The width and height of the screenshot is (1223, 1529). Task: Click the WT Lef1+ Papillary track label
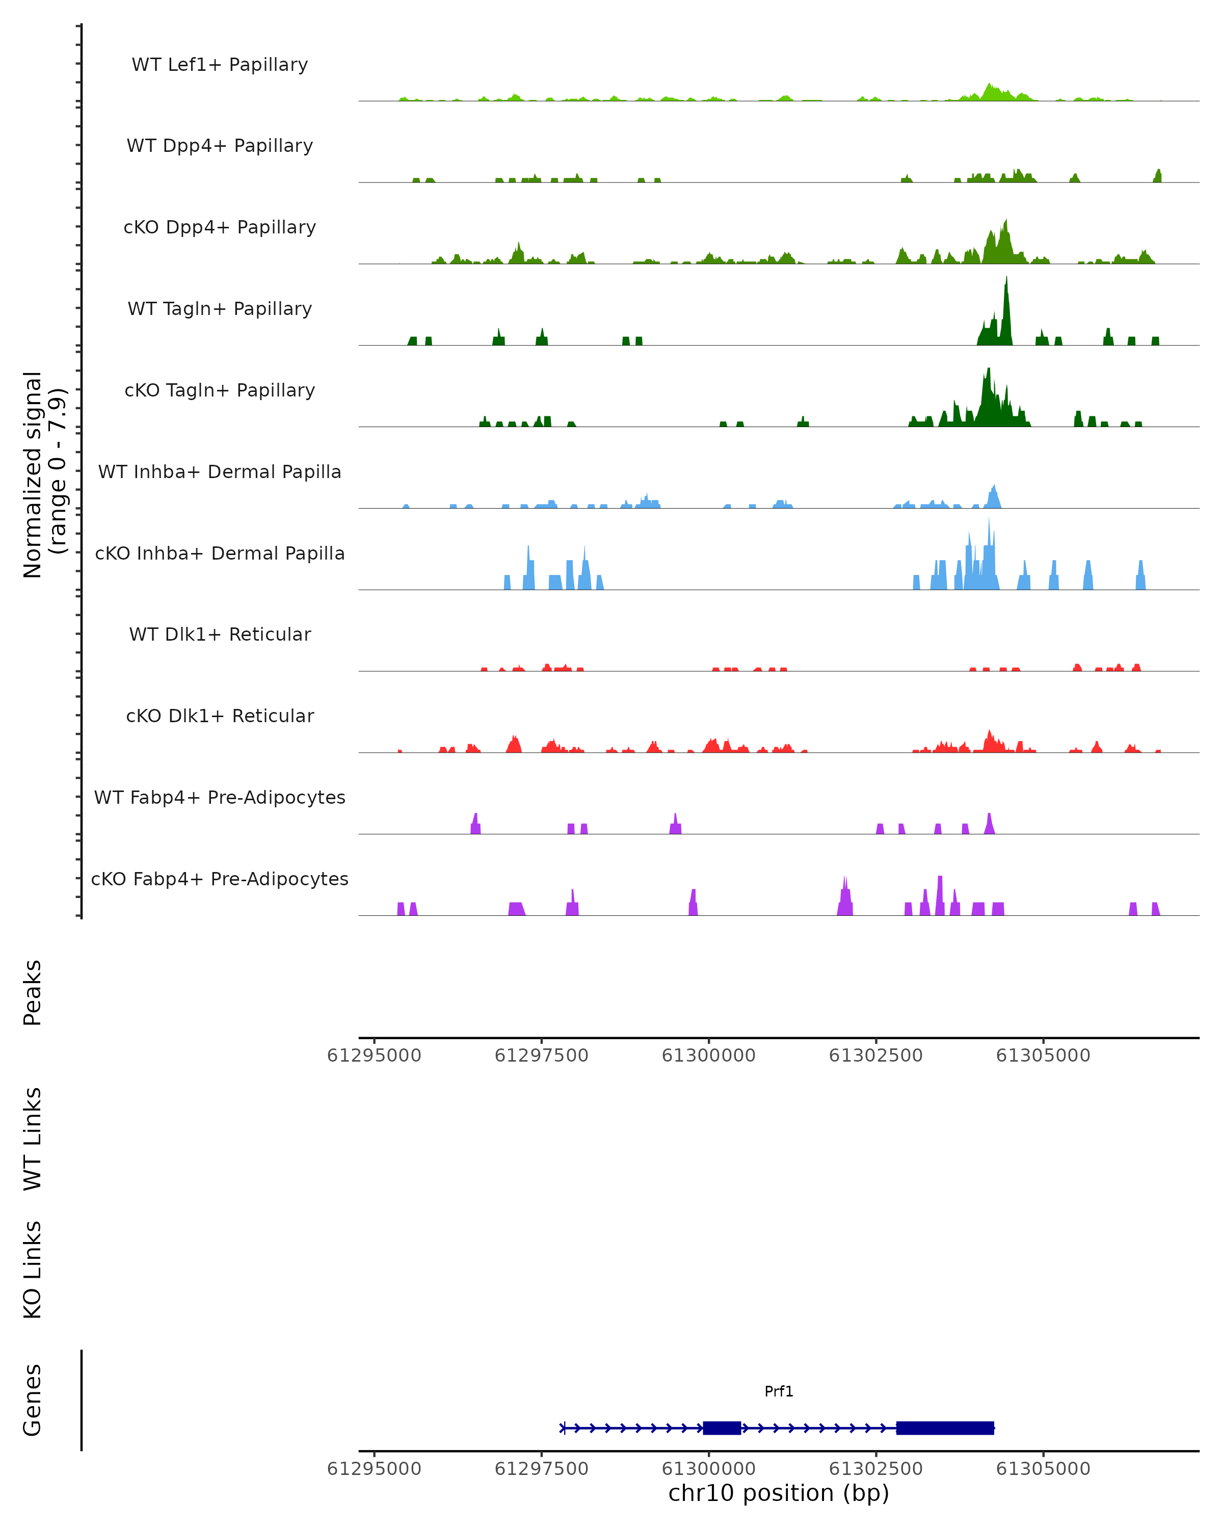pos(220,65)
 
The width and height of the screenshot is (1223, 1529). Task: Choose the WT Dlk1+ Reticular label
pos(220,634)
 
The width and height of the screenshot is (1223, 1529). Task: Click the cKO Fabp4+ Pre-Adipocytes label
pos(220,879)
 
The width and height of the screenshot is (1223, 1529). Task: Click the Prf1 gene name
pos(779,1391)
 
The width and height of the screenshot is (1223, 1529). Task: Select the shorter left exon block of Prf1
pos(722,1428)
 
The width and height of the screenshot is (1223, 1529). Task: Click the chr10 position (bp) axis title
pos(779,1493)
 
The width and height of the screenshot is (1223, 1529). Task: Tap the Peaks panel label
pos(33,992)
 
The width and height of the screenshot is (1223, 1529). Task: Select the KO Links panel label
pos(33,1270)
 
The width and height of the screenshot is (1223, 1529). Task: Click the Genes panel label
pos(33,1400)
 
